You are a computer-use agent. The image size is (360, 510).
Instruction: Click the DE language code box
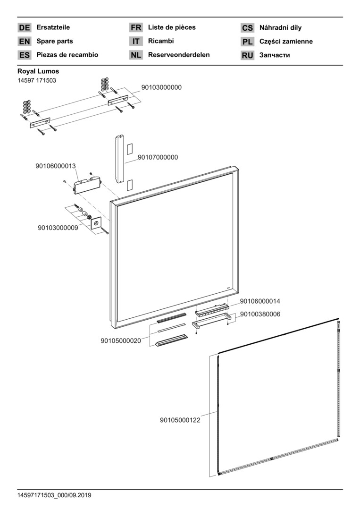[24, 28]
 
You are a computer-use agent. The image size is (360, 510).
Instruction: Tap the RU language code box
[247, 55]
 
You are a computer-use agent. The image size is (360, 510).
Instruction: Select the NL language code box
[136, 55]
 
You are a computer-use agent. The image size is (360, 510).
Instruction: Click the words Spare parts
[55, 41]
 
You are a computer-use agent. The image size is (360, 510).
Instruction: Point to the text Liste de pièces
[172, 27]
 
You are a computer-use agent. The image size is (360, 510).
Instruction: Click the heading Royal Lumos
[38, 71]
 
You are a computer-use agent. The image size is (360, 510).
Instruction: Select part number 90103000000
[161, 87]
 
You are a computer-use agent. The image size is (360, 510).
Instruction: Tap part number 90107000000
[158, 157]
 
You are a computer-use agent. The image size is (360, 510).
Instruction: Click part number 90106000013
[56, 166]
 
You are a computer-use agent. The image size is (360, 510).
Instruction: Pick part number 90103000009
[58, 228]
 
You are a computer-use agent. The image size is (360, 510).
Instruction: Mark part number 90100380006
[260, 314]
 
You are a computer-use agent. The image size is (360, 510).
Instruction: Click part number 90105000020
[121, 340]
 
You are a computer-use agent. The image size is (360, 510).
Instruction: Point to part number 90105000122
[180, 420]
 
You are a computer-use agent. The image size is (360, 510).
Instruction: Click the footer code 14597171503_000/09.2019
[54, 495]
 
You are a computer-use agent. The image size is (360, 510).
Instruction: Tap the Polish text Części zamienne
[286, 42]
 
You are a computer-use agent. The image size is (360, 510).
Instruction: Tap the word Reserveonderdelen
[179, 55]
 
